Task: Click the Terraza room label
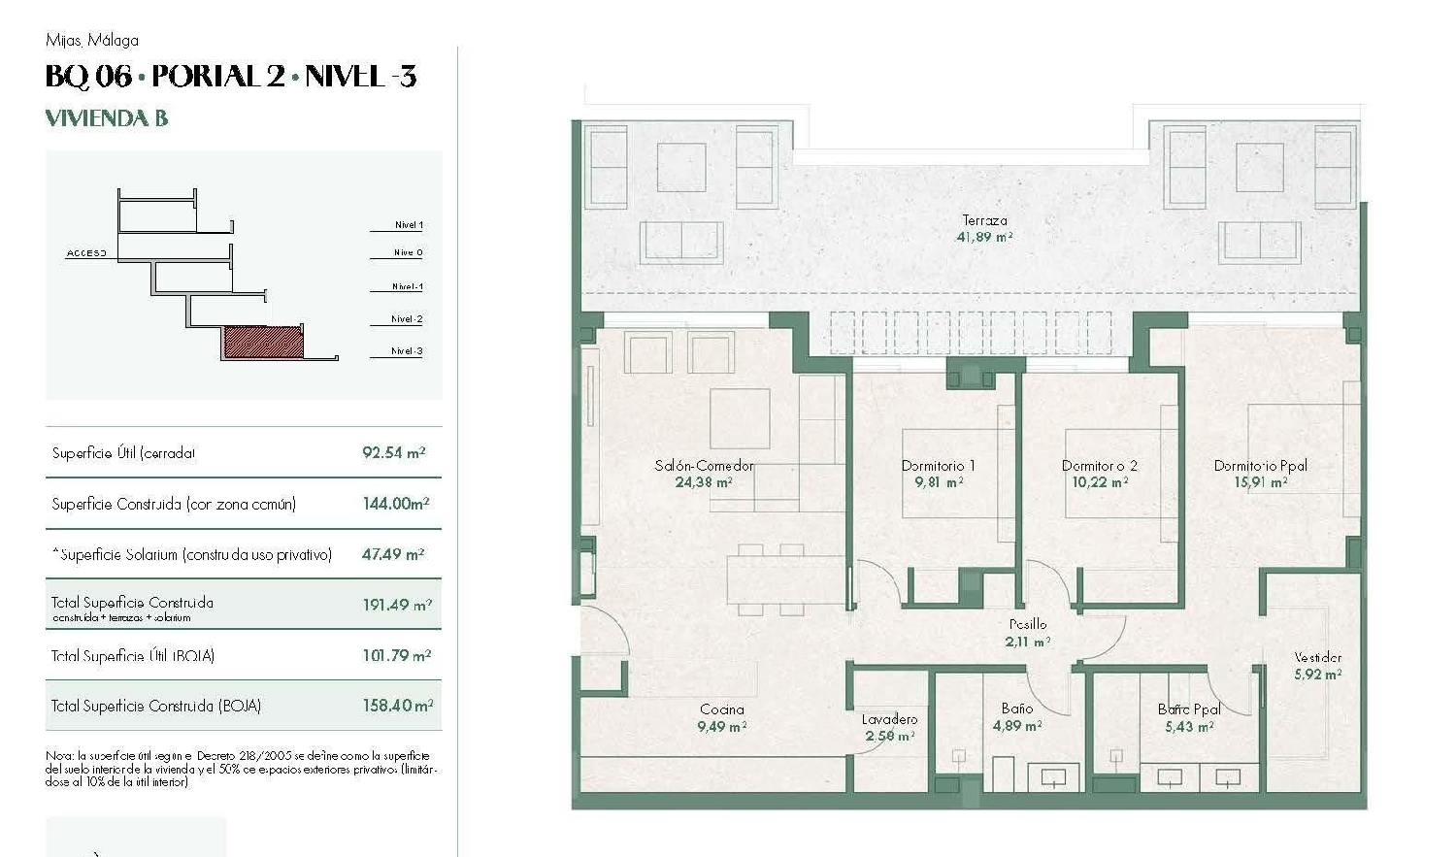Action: (x=984, y=220)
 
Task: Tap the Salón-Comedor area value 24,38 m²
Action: (x=704, y=482)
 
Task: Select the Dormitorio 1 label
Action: (x=938, y=466)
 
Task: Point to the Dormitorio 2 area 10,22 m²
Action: (x=1099, y=482)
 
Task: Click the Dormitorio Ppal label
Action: (x=1260, y=466)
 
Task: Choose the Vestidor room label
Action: (x=1317, y=657)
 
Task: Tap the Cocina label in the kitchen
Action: (x=722, y=709)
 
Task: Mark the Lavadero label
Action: (x=889, y=719)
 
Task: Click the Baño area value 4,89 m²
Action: (x=1016, y=726)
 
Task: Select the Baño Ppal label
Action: (x=1188, y=709)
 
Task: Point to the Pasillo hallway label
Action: (x=1027, y=624)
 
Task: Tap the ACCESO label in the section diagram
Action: (x=86, y=253)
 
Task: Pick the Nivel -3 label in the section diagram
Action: (x=407, y=351)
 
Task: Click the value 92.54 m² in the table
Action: (x=394, y=452)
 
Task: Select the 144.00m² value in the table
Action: (x=395, y=504)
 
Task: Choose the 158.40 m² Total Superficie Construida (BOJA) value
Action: (x=397, y=706)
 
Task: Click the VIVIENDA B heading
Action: (x=107, y=118)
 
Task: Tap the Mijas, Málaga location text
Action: (x=92, y=40)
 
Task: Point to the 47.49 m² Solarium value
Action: (x=393, y=554)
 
